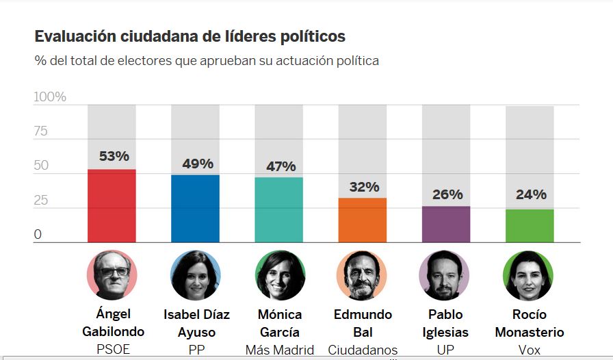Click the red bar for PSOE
(112, 205)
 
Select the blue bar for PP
(195, 208)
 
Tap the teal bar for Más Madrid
(278, 209)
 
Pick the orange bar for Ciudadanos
(362, 220)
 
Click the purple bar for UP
(446, 224)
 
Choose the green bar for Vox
(530, 225)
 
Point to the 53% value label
(114, 156)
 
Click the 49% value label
(197, 164)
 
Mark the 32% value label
(364, 187)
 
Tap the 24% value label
(531, 194)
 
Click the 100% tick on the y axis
(50, 97)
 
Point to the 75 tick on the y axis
(41, 131)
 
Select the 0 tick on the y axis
(38, 235)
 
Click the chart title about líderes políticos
(190, 36)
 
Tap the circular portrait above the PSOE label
(112, 275)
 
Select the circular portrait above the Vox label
(528, 275)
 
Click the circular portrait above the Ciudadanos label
(362, 275)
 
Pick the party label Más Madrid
(278, 350)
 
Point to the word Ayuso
(196, 332)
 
